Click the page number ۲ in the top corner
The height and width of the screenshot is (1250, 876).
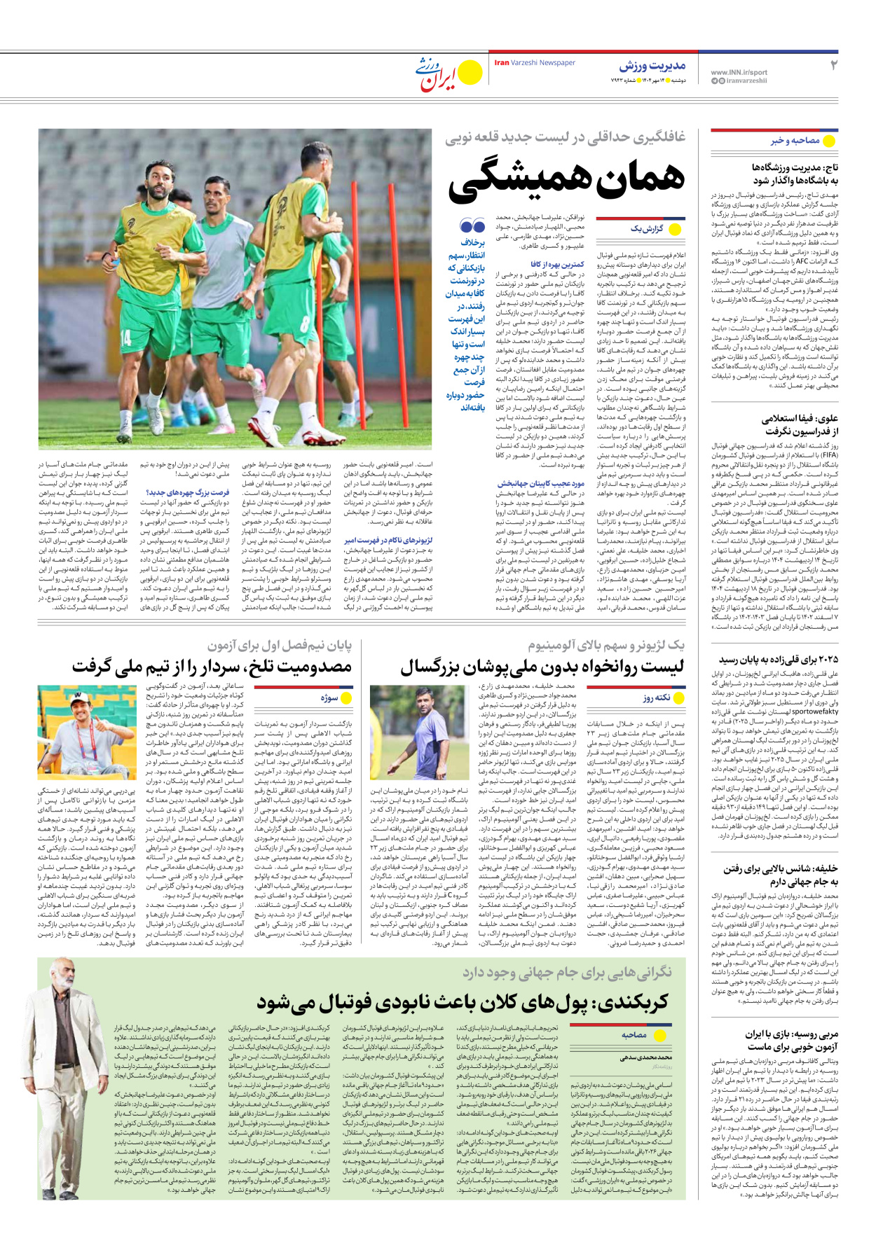[x=833, y=65]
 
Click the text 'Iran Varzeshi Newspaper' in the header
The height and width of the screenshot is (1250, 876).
[x=534, y=63]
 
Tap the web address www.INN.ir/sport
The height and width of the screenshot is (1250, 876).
[x=739, y=72]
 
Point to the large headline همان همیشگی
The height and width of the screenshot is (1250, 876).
[x=566, y=179]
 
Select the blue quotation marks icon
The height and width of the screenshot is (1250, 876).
[x=472, y=225]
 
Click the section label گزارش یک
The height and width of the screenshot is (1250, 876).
[x=645, y=229]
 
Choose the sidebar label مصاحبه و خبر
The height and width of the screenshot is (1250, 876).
[x=795, y=141]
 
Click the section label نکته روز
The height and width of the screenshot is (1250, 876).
[x=657, y=697]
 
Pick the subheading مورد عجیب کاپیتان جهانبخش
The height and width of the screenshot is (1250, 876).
[x=540, y=483]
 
